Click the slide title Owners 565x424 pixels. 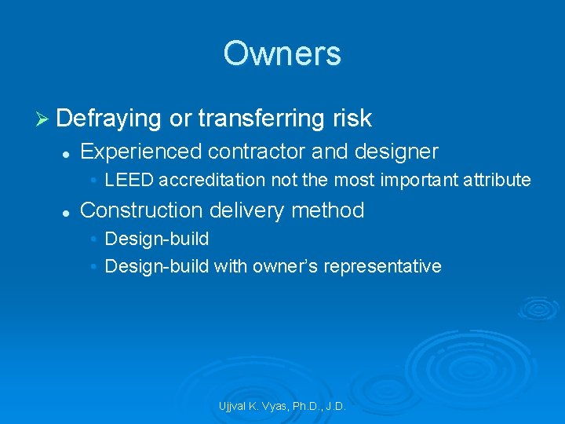pos(282,53)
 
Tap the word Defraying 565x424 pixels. pos(109,118)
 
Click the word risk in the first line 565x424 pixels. pos(351,118)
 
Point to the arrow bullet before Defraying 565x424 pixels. pos(43,119)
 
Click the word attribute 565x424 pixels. pos(499,180)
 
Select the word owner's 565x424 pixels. pos(285,266)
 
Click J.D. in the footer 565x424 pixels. pos(333,407)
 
